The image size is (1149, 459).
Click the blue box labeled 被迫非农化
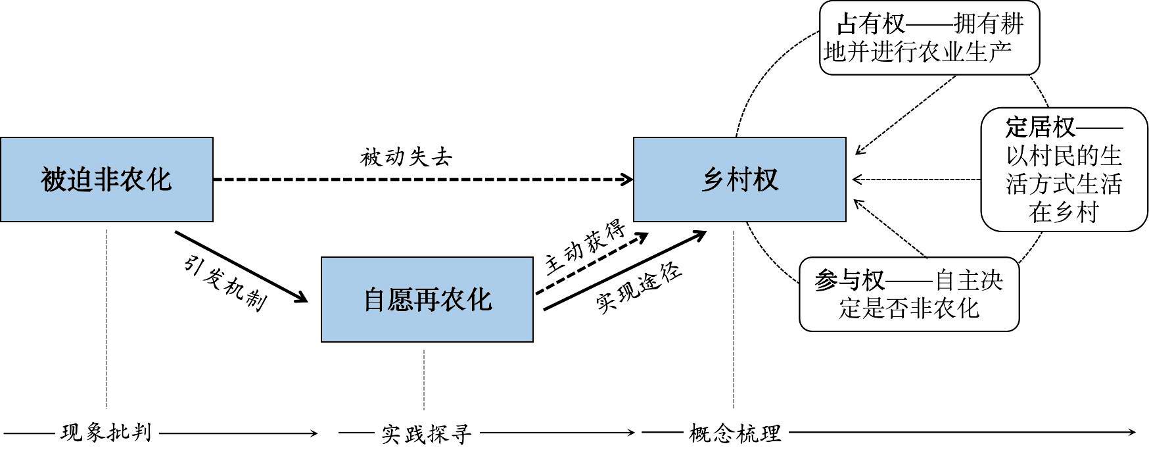(x=106, y=180)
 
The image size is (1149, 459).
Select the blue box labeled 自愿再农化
(x=427, y=300)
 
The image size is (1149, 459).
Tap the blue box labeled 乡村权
(x=739, y=180)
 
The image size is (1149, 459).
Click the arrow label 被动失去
(x=406, y=157)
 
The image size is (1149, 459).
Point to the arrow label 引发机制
(x=224, y=283)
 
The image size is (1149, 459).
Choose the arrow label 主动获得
(x=584, y=249)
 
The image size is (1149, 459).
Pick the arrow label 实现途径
(x=639, y=289)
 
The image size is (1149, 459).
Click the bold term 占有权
(x=870, y=25)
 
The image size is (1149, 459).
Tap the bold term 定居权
(x=1039, y=127)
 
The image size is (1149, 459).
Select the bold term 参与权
(x=849, y=281)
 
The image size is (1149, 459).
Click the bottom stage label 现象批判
(x=106, y=433)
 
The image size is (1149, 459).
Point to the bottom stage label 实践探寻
(x=427, y=433)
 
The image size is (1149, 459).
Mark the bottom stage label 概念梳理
(x=735, y=433)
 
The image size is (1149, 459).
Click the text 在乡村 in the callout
(x=1064, y=213)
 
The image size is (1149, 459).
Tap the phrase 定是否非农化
(x=909, y=308)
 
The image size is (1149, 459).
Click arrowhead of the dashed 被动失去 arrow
(x=628, y=179)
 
